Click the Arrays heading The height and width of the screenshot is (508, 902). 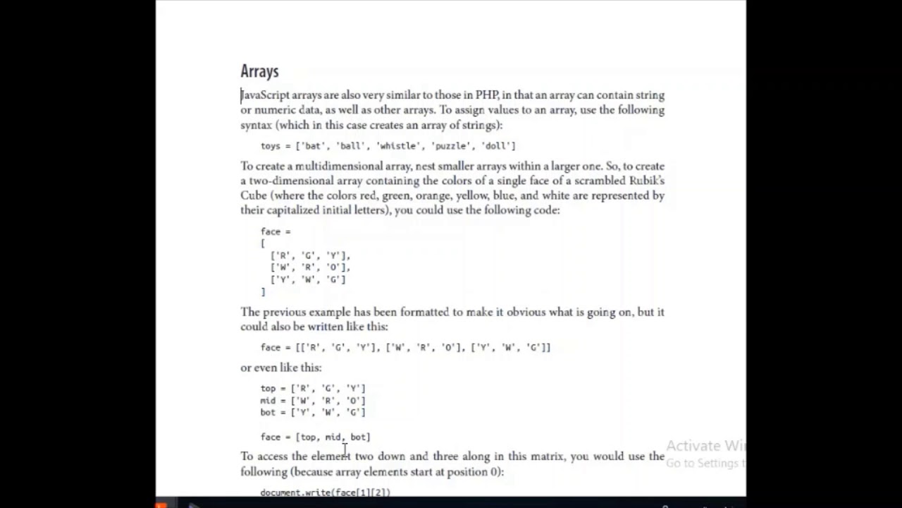(259, 71)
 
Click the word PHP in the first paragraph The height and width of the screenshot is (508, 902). (487, 95)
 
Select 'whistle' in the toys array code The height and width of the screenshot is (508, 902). (397, 146)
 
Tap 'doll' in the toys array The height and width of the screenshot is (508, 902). (497, 146)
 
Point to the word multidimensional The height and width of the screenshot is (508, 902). (338, 166)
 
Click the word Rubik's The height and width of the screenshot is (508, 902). (646, 181)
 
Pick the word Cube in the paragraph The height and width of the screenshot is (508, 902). (253, 195)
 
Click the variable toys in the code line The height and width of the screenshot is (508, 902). (271, 146)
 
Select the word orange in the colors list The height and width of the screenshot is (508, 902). (432, 195)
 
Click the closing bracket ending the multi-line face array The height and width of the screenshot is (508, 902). (264, 291)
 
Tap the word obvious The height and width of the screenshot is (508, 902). (529, 312)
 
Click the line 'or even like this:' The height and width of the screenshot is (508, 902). (280, 368)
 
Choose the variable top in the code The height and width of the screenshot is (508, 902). (268, 389)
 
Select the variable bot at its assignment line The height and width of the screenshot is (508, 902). (268, 413)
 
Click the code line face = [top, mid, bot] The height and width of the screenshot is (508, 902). (315, 437)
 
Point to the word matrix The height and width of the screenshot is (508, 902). (548, 456)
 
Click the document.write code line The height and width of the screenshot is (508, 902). (325, 492)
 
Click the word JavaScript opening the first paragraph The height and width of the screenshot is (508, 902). (265, 95)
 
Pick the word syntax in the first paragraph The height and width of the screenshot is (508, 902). (256, 125)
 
